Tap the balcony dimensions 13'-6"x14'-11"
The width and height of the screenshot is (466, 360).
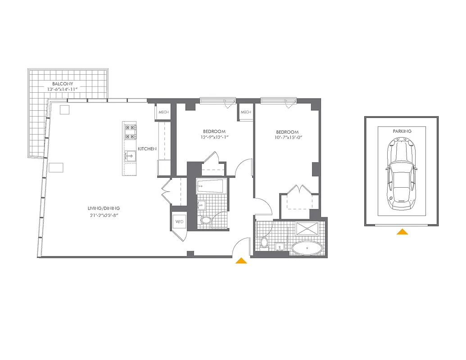click(x=63, y=90)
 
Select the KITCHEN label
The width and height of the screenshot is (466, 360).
click(x=147, y=148)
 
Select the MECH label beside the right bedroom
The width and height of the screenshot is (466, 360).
click(x=245, y=112)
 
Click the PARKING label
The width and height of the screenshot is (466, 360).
click(x=402, y=131)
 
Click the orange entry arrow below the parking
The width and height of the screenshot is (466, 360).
click(x=402, y=232)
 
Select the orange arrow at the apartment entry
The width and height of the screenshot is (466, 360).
click(x=241, y=260)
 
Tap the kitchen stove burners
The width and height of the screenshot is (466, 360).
click(x=130, y=131)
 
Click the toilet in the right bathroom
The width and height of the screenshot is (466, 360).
click(x=265, y=243)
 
